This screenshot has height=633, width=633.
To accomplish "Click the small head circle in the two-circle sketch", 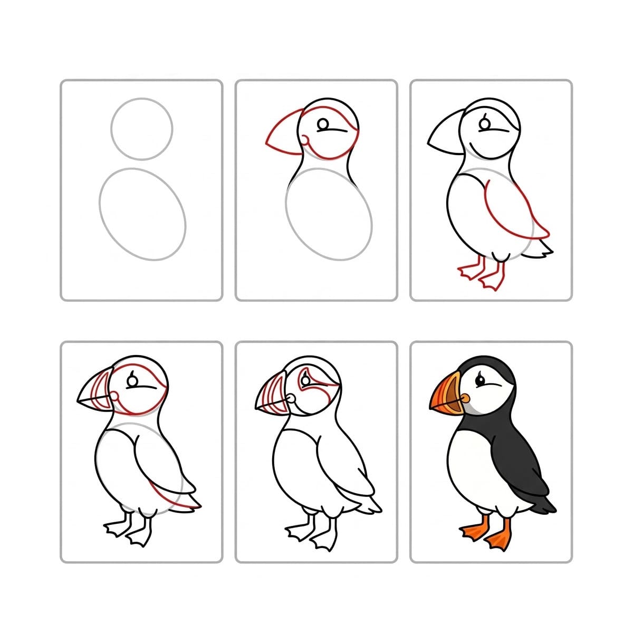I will tap(142, 128).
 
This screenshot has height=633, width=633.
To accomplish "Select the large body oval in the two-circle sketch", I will tap(142, 214).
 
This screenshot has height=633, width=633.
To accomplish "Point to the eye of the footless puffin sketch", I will tap(323, 124).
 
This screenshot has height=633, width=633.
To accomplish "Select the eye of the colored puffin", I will tap(481, 379).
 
